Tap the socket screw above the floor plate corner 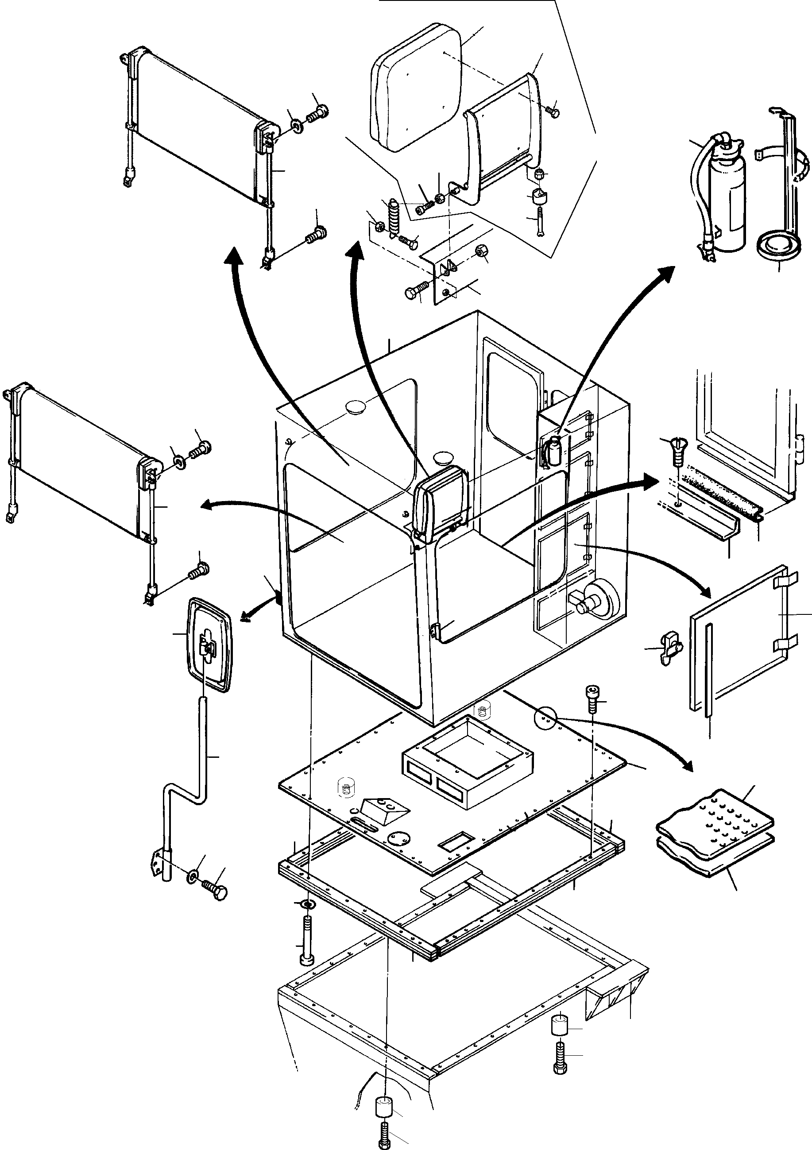coord(591,698)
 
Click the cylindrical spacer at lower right coord(560,1025)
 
